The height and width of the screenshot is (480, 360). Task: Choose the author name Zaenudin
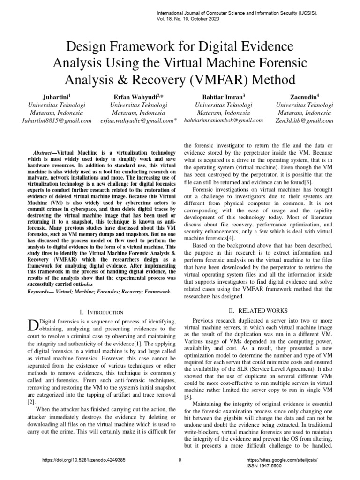(305, 97)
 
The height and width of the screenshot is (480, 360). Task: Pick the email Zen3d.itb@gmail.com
(305, 120)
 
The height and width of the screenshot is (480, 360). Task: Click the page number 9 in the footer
(180, 460)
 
